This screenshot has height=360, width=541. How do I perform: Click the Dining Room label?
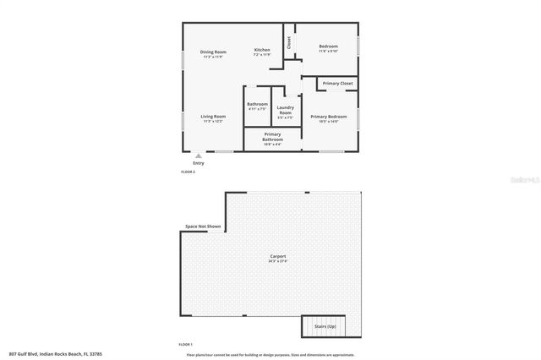(213, 53)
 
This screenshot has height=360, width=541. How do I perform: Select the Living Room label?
(213, 117)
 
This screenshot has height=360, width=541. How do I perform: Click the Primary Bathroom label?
(272, 137)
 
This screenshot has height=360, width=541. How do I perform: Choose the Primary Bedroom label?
(328, 117)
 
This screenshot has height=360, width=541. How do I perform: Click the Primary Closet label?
(338, 83)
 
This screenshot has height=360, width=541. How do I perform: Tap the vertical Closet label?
(289, 41)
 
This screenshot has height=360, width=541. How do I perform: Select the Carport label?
(277, 257)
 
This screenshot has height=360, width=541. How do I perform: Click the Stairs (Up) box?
(325, 326)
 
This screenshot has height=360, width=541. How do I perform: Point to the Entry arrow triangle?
(198, 155)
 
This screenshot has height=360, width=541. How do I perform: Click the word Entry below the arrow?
(198, 163)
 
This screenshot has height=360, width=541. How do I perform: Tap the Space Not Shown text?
(203, 226)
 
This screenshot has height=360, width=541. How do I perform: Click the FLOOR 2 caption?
(188, 172)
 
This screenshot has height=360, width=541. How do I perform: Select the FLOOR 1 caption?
(185, 345)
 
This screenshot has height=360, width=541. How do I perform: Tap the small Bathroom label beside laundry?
(257, 106)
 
